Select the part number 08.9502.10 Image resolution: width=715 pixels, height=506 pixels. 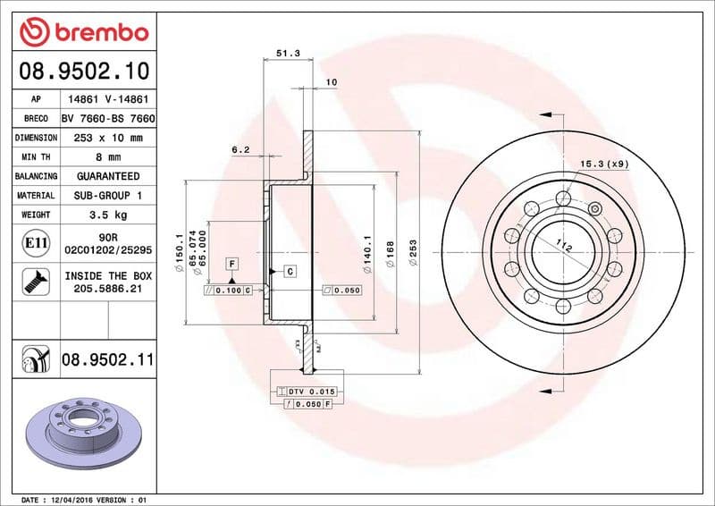(83, 70)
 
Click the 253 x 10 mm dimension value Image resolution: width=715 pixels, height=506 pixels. (107, 138)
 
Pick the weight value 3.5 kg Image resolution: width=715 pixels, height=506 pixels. (107, 215)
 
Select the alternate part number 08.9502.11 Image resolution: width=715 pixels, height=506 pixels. (107, 359)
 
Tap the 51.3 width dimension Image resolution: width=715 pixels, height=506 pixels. (287, 54)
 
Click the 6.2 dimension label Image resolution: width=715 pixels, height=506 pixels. (240, 150)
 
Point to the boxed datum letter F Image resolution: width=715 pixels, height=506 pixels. (231, 263)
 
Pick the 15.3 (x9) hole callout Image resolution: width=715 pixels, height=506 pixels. (604, 164)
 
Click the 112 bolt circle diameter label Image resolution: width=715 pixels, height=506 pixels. (562, 247)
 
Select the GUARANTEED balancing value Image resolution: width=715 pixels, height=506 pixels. (107, 176)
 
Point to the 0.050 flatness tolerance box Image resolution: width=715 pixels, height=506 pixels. (342, 291)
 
